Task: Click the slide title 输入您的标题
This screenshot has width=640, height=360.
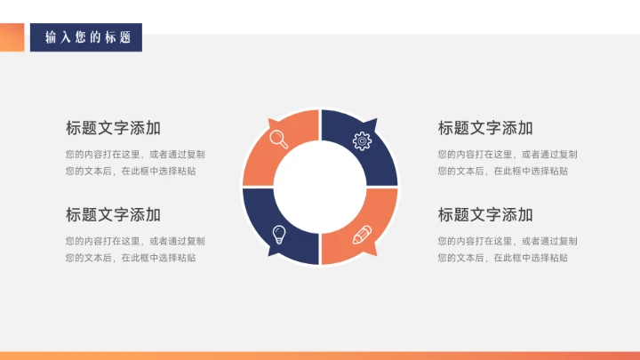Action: point(87,37)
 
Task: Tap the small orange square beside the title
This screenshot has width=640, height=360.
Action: point(12,37)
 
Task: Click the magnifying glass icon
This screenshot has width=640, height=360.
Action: point(278,139)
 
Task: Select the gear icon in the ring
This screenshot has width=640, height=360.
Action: point(362,140)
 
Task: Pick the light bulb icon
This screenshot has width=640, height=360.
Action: point(278,235)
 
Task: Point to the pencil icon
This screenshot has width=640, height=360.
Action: point(362,235)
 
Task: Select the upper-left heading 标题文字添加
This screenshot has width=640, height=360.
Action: point(113,127)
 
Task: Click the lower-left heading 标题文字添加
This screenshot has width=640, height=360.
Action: point(113,214)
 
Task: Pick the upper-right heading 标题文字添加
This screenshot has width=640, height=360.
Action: point(485,127)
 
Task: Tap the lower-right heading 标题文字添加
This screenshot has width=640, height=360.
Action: point(485,214)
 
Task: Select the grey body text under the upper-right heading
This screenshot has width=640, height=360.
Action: point(508,162)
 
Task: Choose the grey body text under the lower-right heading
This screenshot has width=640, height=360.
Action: point(508,249)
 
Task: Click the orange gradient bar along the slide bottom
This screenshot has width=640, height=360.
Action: point(320,356)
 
